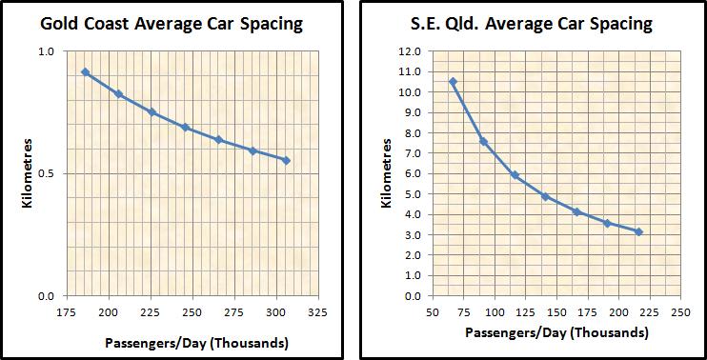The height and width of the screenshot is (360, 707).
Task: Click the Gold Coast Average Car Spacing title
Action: [177, 23]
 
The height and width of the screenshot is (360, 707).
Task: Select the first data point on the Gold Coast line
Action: [86, 72]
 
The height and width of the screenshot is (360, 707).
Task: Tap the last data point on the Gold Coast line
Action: [286, 160]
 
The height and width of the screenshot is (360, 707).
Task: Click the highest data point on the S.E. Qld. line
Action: [453, 82]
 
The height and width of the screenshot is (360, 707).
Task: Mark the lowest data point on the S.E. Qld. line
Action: [638, 231]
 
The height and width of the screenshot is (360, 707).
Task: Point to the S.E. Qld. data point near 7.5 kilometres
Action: [483, 142]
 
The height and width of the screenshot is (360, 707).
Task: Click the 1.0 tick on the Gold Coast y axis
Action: [45, 51]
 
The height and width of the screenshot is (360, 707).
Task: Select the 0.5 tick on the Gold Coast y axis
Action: [45, 173]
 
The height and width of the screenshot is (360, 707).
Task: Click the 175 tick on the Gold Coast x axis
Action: [67, 311]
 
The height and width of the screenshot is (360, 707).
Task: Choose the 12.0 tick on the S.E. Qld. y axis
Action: [411, 51]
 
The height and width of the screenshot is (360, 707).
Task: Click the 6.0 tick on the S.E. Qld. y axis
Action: [411, 173]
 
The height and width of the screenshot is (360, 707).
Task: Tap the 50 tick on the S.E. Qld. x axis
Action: [433, 311]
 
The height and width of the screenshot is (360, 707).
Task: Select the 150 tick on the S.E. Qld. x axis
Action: [556, 311]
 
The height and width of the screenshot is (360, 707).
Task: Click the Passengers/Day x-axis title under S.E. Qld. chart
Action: [556, 333]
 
